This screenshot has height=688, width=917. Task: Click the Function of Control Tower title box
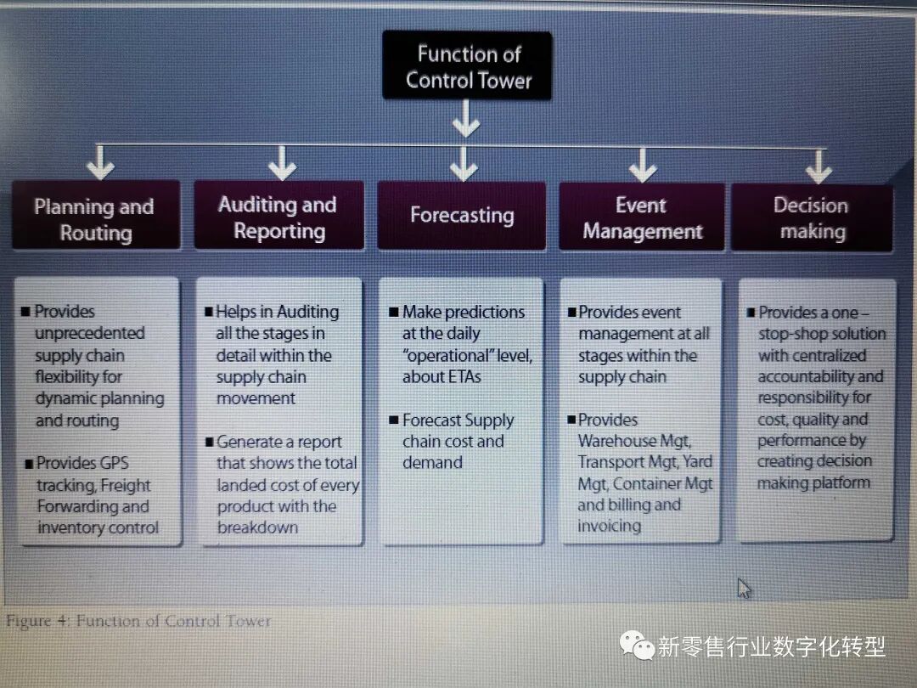click(467, 66)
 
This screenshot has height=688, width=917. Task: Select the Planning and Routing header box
click(95, 217)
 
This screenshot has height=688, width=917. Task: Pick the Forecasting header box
click(462, 215)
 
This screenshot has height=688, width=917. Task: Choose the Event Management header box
click(642, 217)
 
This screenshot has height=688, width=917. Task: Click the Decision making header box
click(812, 217)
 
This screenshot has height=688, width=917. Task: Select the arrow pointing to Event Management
click(643, 165)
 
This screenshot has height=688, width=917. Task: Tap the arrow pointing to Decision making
click(819, 166)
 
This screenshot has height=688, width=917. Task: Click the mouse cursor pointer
click(744, 589)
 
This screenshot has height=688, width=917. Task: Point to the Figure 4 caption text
click(138, 621)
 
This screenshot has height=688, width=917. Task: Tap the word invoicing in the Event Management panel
click(609, 526)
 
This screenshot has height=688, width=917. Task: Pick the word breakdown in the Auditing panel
click(257, 527)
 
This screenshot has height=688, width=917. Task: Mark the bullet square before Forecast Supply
click(394, 420)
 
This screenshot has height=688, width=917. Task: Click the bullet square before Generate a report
click(209, 442)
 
